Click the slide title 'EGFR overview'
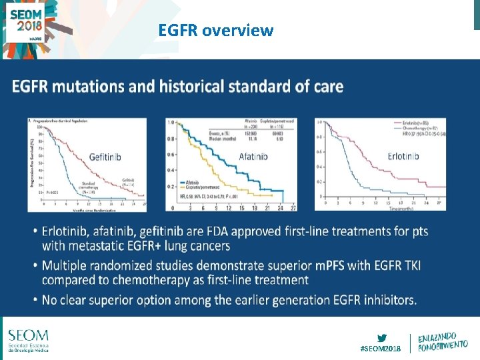(215, 30)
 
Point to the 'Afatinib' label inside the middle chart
(253, 157)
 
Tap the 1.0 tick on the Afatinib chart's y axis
(171, 123)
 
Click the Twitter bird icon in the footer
(381, 337)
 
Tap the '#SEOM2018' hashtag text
(381, 349)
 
